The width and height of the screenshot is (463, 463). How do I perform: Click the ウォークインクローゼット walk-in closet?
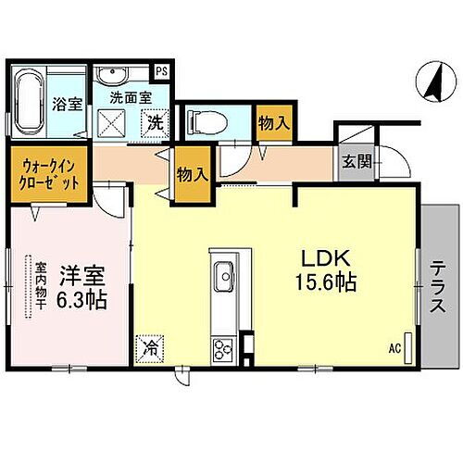[x=51, y=173]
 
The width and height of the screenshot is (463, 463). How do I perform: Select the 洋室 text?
[x=81, y=276]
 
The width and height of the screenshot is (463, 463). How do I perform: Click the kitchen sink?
[x=225, y=277]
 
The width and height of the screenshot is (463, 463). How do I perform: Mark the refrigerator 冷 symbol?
[x=150, y=348]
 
